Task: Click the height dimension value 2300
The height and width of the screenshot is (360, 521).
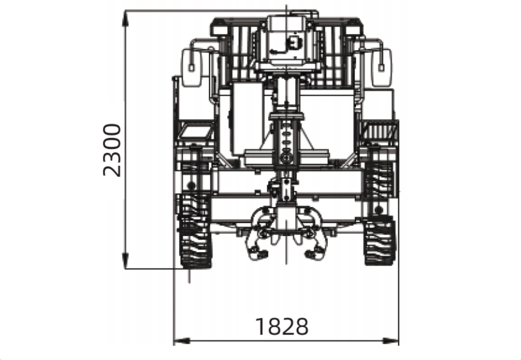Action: click(x=112, y=151)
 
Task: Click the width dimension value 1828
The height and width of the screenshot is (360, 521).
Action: click(x=282, y=327)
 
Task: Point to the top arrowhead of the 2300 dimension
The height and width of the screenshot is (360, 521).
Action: click(x=125, y=19)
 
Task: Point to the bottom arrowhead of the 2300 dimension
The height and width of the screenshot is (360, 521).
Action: click(x=125, y=261)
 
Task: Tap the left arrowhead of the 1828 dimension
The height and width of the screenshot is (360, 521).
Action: click(x=182, y=341)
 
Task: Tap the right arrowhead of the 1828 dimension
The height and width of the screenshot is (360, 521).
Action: click(x=391, y=341)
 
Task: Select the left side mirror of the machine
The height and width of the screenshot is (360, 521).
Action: click(x=191, y=68)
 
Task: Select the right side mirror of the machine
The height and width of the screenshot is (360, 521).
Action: click(x=382, y=68)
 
